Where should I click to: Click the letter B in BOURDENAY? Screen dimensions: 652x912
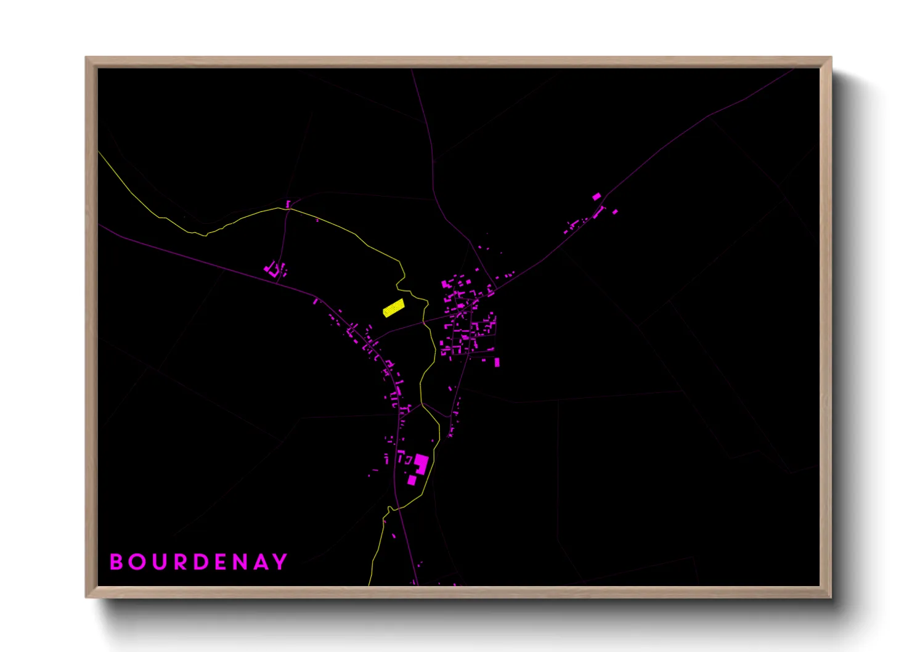coord(115,562)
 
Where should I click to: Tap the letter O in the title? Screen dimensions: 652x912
coord(136,562)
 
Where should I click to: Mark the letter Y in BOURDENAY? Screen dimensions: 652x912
coord(280,562)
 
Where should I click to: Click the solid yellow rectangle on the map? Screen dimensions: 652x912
coord(393,308)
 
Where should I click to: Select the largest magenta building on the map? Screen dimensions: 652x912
coord(421,463)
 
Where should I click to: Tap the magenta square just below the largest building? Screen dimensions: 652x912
coord(412,480)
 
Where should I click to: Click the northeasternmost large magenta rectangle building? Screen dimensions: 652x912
coord(596,197)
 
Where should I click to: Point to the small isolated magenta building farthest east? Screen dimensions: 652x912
coord(615,212)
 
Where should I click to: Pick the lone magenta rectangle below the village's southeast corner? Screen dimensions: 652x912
coord(497,362)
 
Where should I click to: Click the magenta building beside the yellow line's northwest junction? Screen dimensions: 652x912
coord(288,203)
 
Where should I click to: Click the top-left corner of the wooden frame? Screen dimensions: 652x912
coord(86,58)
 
